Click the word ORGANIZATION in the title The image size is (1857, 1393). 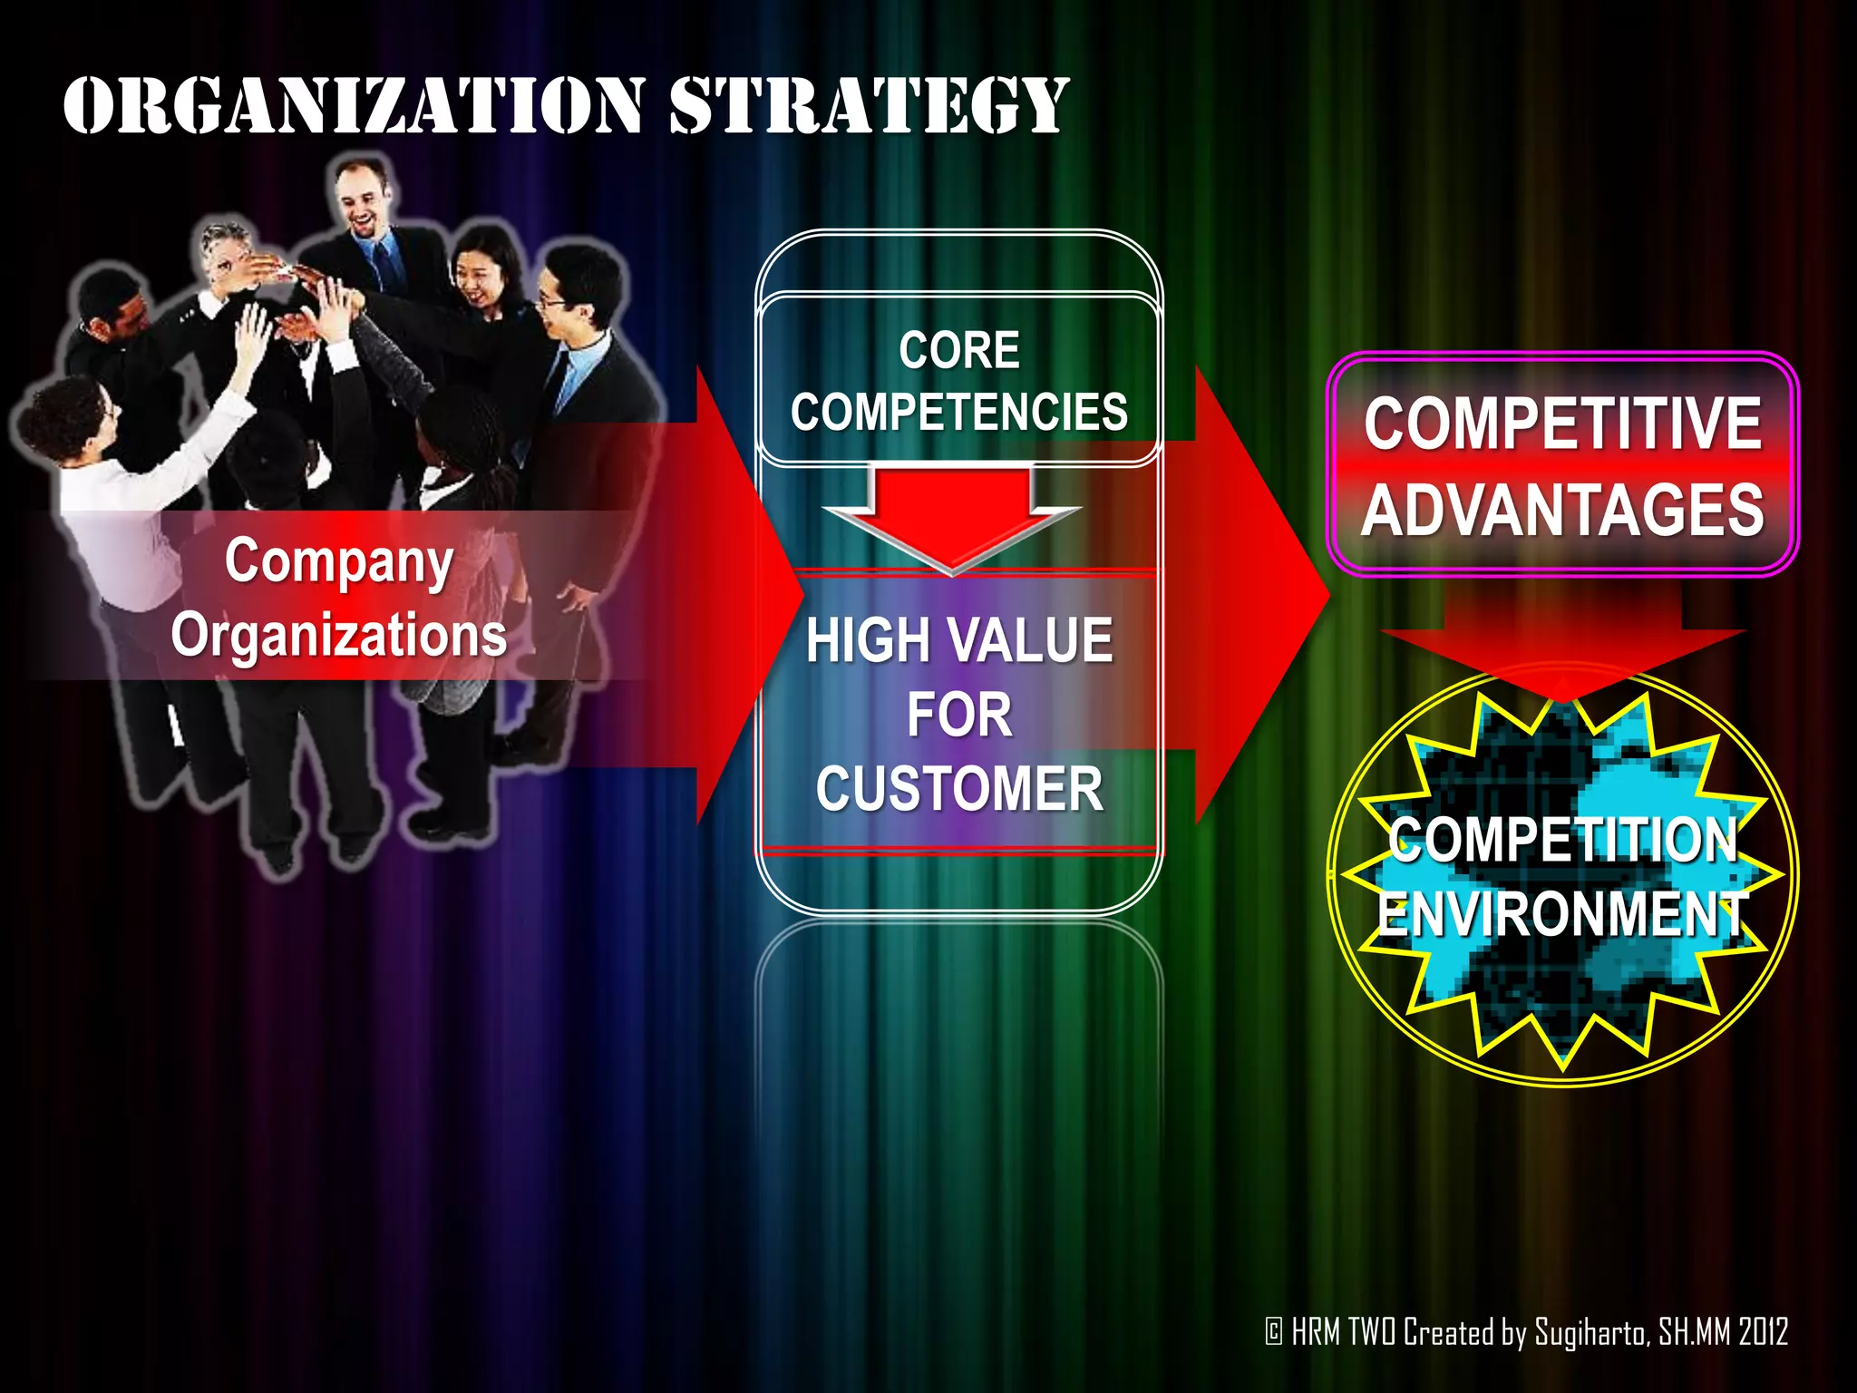tap(354, 106)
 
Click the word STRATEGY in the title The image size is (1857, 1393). tap(869, 106)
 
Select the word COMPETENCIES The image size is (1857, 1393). tap(959, 413)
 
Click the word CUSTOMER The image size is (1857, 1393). tap(959, 789)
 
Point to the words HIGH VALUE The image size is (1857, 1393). tap(959, 640)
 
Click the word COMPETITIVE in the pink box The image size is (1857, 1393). tap(1562, 424)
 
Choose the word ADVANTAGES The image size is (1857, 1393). tap(1562, 511)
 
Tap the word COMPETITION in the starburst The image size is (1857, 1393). tap(1562, 840)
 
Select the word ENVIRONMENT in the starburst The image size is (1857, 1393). tap(1562, 913)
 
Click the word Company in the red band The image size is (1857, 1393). tap(339, 562)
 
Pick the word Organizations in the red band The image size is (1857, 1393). tap(339, 634)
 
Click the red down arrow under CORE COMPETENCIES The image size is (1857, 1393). tap(952, 517)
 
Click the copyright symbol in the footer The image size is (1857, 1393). tap(1274, 1332)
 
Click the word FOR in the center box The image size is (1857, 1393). tap(959, 716)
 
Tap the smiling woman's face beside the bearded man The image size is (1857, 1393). tap(481, 268)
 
